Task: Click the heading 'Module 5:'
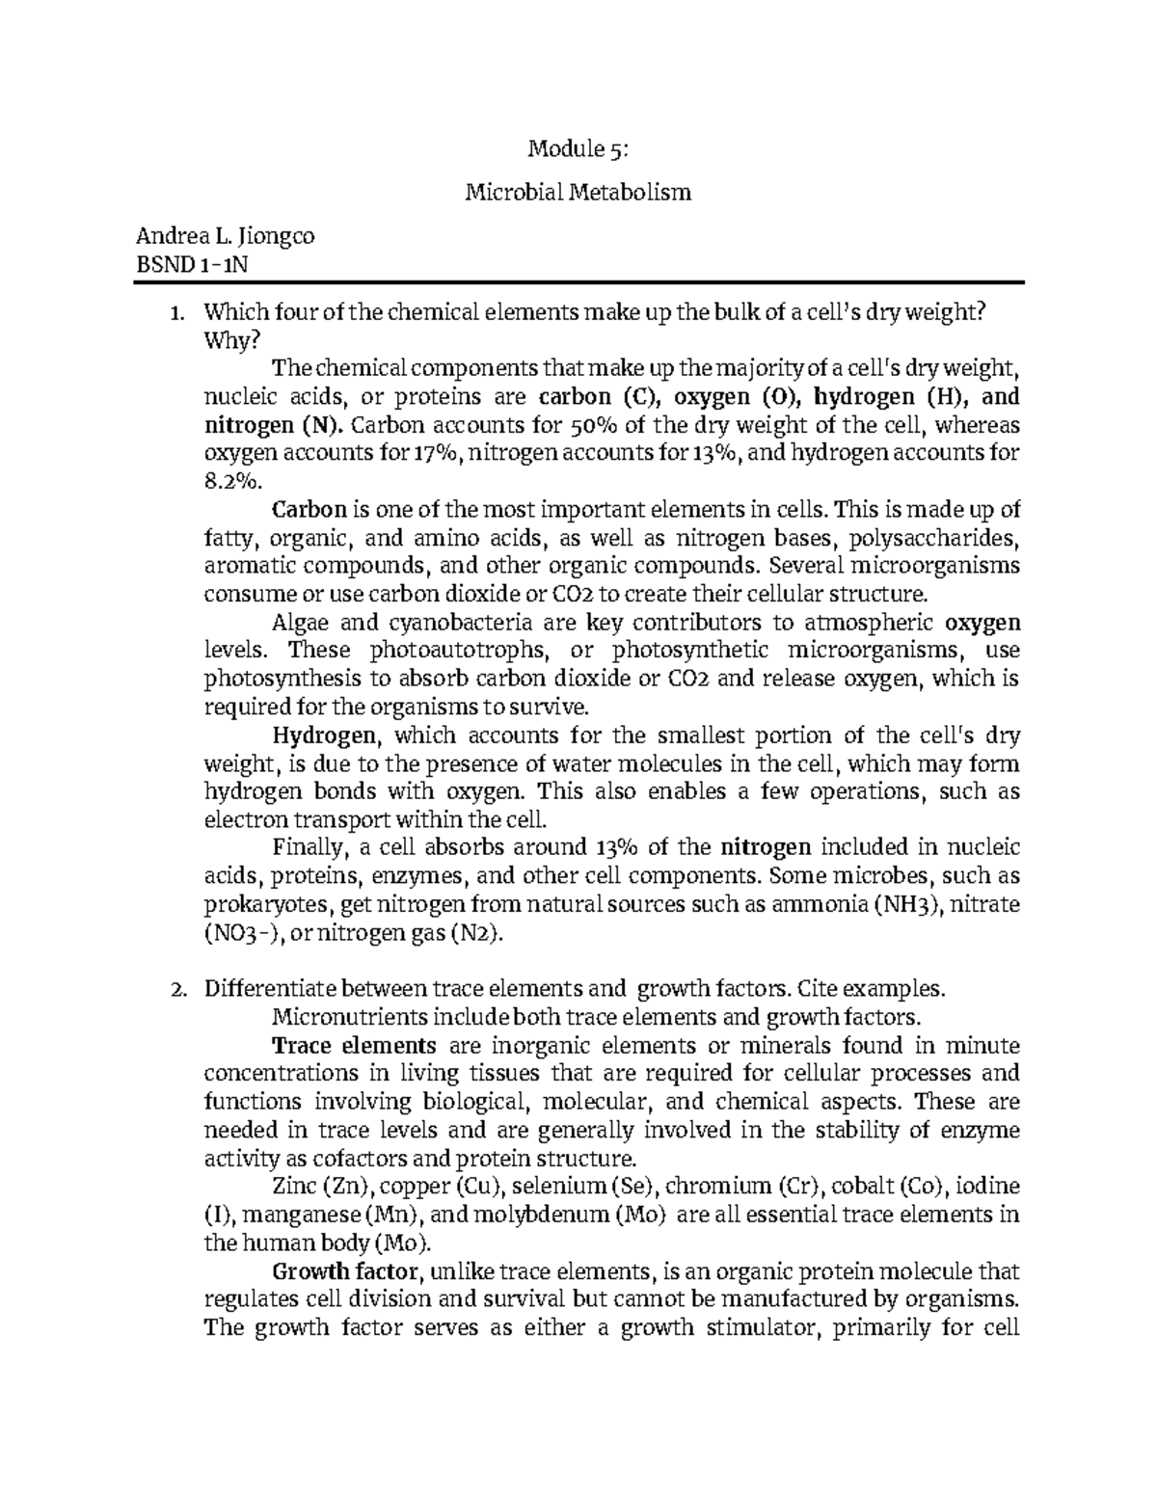click(x=578, y=149)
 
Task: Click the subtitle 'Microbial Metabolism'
click(x=578, y=193)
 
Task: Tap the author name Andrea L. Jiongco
click(x=225, y=235)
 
